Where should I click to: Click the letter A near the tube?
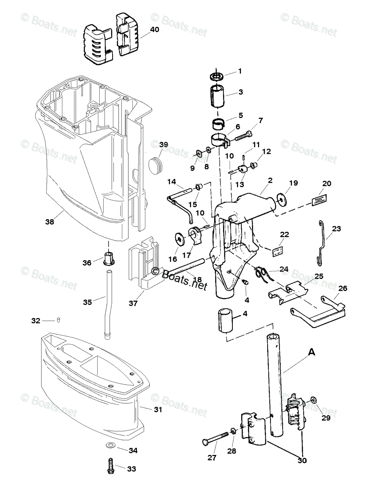pyautogui.click(x=311, y=353)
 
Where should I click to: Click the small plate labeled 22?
pyautogui.click(x=277, y=252)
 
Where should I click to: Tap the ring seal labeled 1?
pyautogui.click(x=219, y=76)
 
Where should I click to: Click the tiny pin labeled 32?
pyautogui.click(x=58, y=320)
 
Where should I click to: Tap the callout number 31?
pyautogui.click(x=158, y=409)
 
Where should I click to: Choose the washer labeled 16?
pyautogui.click(x=178, y=238)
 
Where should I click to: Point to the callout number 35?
pyautogui.click(x=87, y=302)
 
